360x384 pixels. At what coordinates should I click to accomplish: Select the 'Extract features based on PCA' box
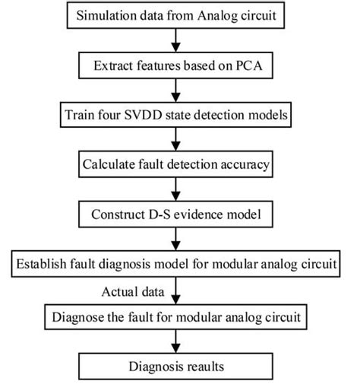177,66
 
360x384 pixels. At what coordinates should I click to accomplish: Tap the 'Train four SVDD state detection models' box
177,116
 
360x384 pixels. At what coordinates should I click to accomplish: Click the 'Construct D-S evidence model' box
177,214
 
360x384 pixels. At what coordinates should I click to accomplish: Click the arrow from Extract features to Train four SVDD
177,90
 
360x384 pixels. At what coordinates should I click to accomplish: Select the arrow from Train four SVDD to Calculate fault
177,140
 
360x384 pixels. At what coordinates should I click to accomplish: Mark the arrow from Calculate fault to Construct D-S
177,189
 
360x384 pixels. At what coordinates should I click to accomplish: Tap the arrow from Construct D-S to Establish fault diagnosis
177,240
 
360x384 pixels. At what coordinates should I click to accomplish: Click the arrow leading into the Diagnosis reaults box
177,339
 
